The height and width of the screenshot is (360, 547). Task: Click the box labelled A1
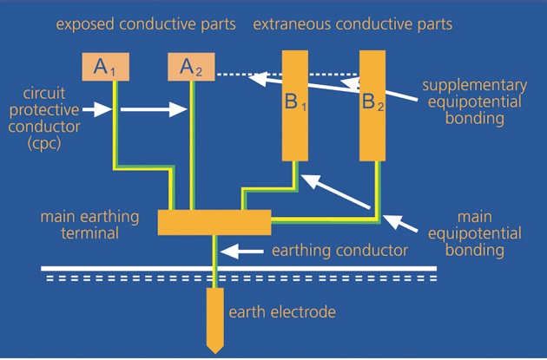(x=104, y=67)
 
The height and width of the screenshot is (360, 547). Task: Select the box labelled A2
(x=191, y=67)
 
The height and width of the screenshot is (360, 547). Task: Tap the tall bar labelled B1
(x=297, y=105)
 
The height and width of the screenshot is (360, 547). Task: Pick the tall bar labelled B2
(x=372, y=105)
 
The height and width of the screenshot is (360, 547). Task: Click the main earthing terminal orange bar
(x=214, y=221)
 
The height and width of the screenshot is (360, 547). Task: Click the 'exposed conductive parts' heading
(x=146, y=24)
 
